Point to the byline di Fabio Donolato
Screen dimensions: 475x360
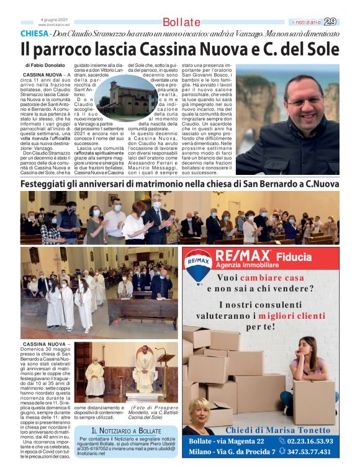tap(45, 64)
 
